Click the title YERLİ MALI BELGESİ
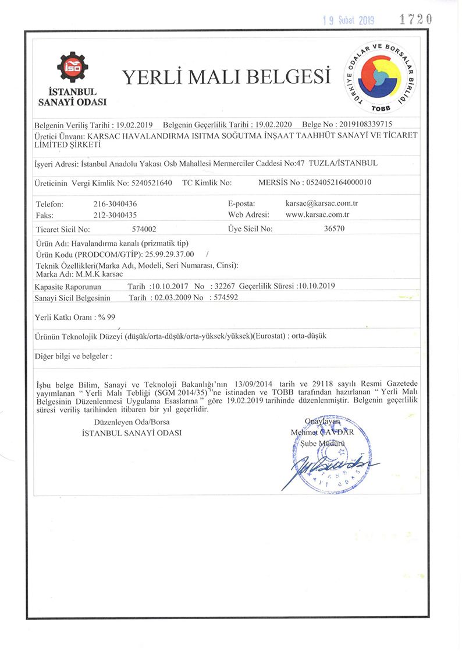(x=226, y=77)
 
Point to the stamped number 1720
(x=415, y=19)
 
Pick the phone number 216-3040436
(x=115, y=204)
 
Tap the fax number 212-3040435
(x=115, y=215)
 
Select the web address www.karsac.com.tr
(x=318, y=215)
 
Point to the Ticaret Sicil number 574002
(x=144, y=229)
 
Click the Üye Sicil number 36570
(x=334, y=229)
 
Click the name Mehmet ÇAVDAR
(x=322, y=432)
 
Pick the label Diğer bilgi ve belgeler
(x=73, y=355)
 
